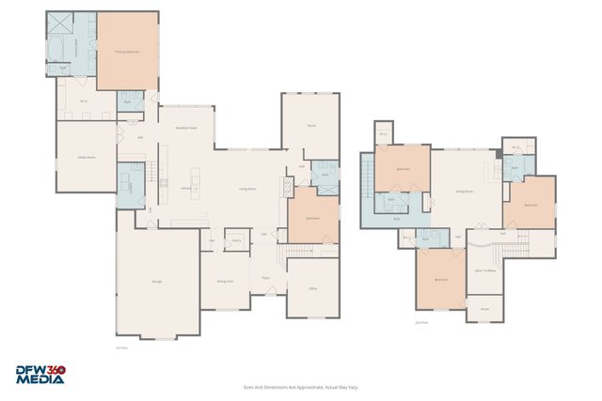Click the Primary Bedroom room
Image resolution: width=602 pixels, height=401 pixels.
point(127,52)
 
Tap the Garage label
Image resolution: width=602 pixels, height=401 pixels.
point(156,282)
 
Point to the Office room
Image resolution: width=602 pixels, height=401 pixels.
point(313,288)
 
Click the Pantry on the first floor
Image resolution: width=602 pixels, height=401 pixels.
point(236,240)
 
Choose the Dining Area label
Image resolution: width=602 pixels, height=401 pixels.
point(225,281)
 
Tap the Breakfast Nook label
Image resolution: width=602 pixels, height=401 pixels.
point(186,127)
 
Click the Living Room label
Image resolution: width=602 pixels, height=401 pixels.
point(247,189)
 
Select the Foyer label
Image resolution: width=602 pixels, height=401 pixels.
point(266,278)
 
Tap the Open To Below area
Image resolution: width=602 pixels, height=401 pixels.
point(485,270)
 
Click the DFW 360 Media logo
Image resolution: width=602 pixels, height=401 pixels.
point(40,375)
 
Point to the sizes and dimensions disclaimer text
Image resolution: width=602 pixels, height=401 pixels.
point(300,386)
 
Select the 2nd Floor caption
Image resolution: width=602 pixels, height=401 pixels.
point(421,322)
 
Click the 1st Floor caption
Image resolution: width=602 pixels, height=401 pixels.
point(120,348)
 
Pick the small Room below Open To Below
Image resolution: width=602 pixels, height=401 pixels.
point(484,308)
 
